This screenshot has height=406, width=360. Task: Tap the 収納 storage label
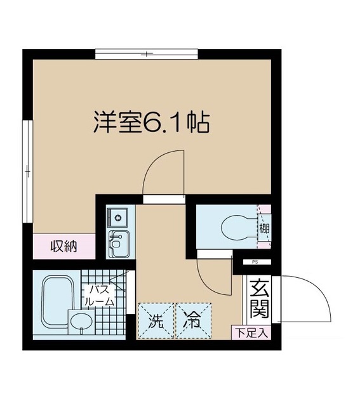point(64,246)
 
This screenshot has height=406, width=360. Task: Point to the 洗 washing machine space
point(156,321)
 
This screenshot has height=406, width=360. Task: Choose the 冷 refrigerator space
point(193,321)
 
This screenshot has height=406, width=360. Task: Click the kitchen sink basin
point(117,242)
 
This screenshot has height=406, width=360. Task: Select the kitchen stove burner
point(117,217)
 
